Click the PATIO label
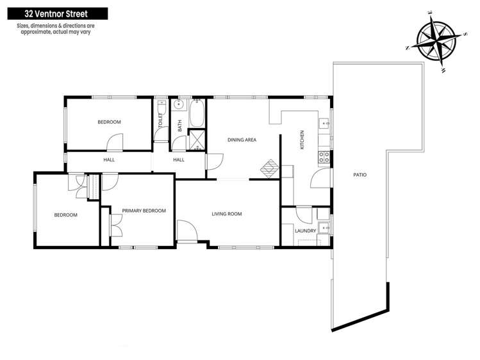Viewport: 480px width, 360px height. point(360,174)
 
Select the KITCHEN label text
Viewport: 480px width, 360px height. point(302,140)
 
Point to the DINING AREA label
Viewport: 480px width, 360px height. point(242,139)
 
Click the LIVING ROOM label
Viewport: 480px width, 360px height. point(226,214)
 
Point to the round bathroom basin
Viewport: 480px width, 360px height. point(180,104)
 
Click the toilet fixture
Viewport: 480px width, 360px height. point(161,104)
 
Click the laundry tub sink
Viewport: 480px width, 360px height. point(325,225)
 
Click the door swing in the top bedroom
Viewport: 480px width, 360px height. point(114,142)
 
